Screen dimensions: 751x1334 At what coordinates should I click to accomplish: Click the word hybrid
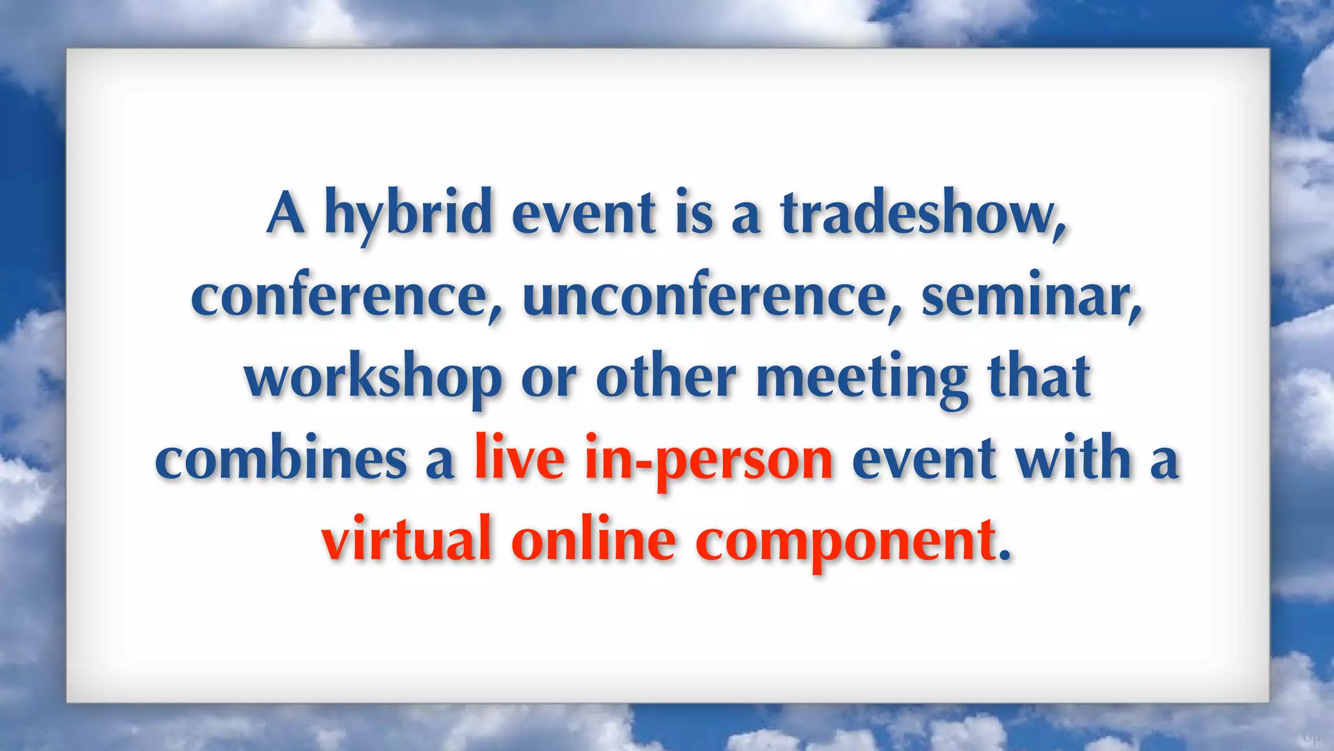[x=408, y=213]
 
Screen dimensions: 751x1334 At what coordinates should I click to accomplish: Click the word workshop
[x=373, y=378]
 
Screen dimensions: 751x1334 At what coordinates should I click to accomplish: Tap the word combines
[x=281, y=460]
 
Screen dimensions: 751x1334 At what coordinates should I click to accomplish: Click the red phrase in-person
[x=709, y=460]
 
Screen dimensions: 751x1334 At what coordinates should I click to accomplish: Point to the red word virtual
[x=406, y=540]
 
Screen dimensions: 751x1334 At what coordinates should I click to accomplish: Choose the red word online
[x=593, y=540]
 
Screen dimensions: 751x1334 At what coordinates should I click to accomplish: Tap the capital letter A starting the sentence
[x=286, y=213]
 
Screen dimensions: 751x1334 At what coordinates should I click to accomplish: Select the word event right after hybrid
[x=584, y=213]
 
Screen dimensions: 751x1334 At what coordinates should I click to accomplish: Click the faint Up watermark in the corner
[x=1311, y=738]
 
